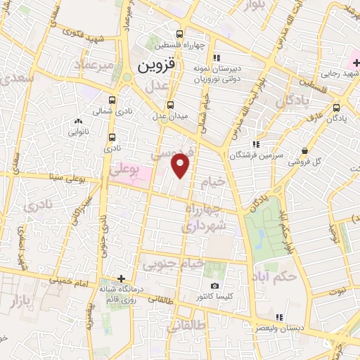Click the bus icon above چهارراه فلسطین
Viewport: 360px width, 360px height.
180,34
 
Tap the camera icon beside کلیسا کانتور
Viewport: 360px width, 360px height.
215,286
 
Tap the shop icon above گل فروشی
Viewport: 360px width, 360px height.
304,150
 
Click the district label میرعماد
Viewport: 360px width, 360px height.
96,65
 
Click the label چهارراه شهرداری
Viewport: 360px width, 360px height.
205,218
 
